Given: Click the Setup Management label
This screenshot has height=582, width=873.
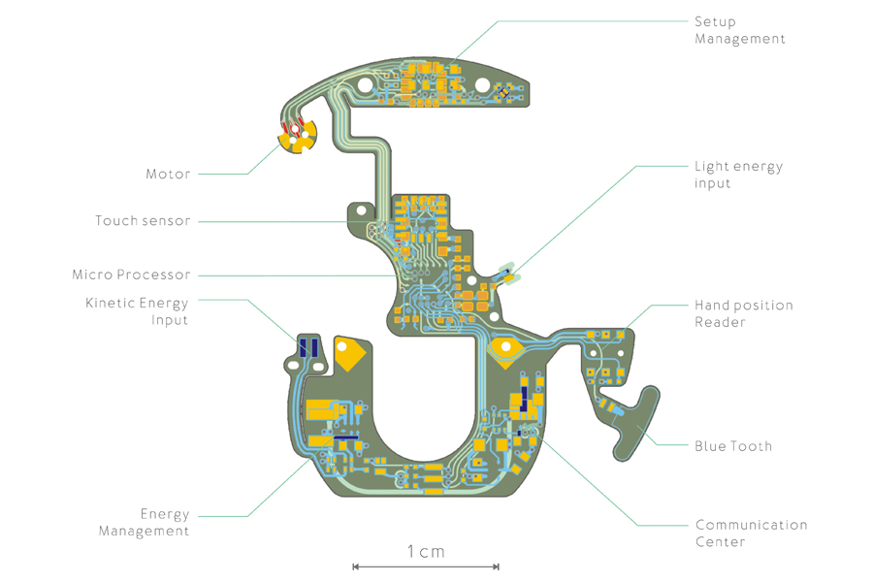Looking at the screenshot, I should coord(739,30).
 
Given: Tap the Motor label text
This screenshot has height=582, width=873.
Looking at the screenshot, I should coord(168,175).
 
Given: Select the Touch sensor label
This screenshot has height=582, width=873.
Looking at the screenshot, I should coord(143,221).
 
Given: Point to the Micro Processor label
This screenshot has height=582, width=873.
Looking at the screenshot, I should coord(131,275).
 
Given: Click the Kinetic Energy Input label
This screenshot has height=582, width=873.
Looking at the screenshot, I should coord(137,311).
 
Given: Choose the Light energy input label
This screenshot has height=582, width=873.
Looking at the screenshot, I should coord(738,175).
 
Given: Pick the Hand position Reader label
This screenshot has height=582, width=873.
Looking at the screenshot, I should coord(743,313).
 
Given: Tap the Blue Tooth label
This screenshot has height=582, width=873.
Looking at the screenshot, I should coord(733,446).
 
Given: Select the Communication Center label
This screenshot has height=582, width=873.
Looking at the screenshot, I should coord(751,533).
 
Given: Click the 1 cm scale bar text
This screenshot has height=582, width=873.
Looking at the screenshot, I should coord(425,551).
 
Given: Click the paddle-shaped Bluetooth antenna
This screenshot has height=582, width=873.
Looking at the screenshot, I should coord(635,424).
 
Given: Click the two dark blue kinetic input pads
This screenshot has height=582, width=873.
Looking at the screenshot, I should coord(308,347).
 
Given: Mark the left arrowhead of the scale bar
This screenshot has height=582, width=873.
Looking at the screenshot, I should coord(355,566).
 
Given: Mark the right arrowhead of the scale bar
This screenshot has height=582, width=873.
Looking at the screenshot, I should coord(497,566).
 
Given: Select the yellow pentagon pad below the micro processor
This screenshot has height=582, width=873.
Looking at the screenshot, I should coord(505,351).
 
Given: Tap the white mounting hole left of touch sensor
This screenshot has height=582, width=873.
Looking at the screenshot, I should coord(361,210).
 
